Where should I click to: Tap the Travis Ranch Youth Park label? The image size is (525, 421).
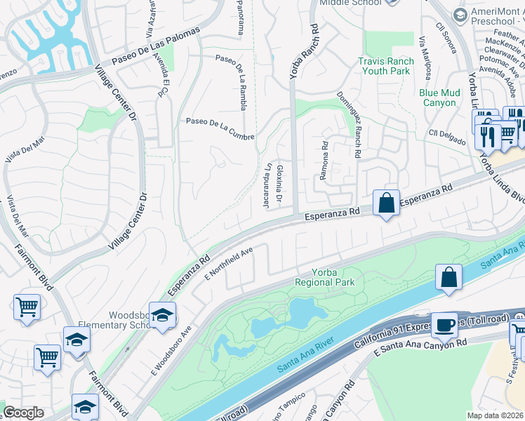(x=384, y=66)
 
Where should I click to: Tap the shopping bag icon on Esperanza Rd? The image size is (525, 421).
(x=386, y=203)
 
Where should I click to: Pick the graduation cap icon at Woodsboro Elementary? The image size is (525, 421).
(x=162, y=315)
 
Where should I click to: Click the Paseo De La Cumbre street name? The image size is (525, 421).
(x=220, y=129)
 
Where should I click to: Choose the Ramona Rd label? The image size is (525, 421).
(x=324, y=162)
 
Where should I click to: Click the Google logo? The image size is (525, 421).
(x=23, y=413)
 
